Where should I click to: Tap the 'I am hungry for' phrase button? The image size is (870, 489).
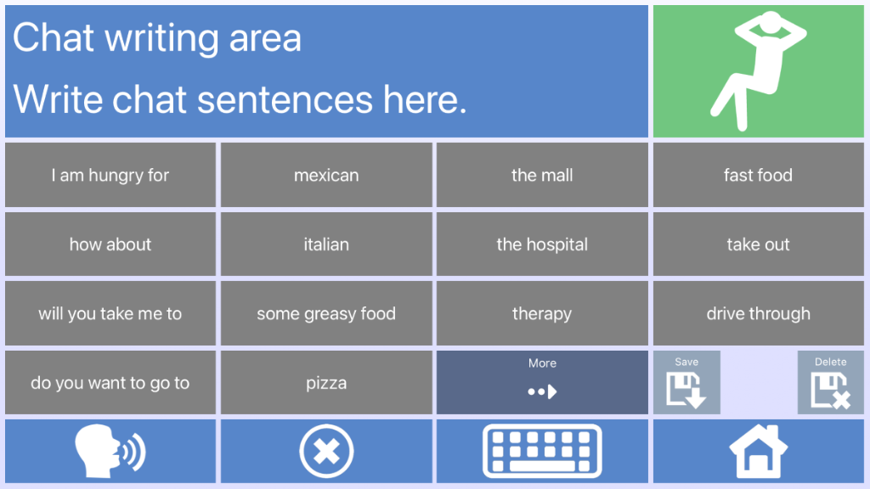[110, 175]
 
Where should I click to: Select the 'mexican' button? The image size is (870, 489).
[326, 175]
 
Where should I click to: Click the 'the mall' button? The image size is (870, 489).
[542, 175]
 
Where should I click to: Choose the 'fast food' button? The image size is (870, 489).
[758, 175]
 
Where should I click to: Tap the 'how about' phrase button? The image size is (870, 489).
[110, 244]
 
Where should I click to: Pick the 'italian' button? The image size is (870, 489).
[326, 244]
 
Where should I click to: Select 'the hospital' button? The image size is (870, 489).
[542, 244]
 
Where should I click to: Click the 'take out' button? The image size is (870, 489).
[758, 244]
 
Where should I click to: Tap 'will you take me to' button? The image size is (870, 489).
[110, 313]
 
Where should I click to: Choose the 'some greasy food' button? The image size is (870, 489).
[326, 313]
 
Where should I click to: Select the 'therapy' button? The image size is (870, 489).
[542, 313]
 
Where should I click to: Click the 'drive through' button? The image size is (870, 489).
[758, 313]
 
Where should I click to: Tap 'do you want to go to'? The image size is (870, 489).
[110, 383]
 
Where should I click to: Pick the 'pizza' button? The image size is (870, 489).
[326, 383]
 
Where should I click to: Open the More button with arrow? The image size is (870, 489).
[542, 383]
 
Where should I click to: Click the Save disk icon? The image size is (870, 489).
[686, 391]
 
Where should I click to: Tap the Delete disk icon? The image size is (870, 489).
[831, 391]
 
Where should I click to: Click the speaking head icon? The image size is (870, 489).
[110, 451]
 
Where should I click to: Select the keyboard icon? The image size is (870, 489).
[542, 451]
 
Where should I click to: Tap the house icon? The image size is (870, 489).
[758, 451]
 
